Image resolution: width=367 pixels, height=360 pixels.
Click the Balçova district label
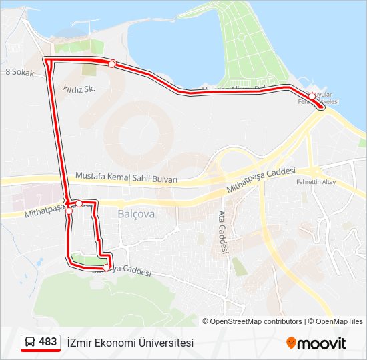tap(135, 214)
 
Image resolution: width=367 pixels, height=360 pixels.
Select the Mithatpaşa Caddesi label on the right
tap(260, 181)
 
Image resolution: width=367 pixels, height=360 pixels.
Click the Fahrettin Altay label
tap(317, 182)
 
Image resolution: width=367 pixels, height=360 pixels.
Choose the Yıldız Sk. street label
tap(79, 88)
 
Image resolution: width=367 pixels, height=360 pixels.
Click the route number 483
tap(48, 341)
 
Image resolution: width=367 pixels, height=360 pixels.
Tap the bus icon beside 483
tap(30, 342)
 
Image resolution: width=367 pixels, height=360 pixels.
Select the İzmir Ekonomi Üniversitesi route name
tap(130, 343)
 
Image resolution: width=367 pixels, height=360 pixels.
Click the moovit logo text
tap(322, 343)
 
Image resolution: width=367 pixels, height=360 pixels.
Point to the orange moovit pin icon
tap(291, 343)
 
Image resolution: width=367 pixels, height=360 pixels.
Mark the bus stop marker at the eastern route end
tap(312, 96)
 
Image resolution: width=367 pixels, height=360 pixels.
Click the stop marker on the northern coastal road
tap(112, 64)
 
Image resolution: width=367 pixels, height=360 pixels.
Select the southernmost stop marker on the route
tap(106, 267)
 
